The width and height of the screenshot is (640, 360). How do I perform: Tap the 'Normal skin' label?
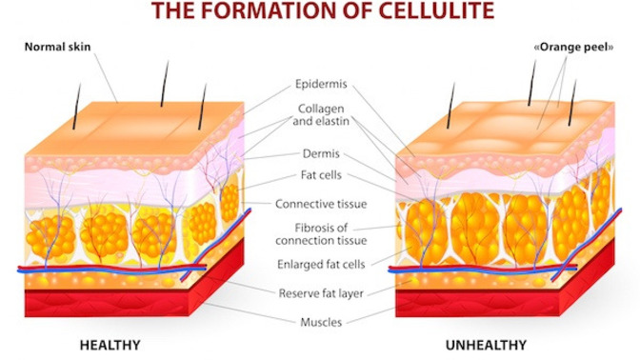pos(57,47)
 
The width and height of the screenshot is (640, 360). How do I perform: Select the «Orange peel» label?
pos(574,48)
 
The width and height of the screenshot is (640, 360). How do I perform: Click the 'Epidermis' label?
pos(321,84)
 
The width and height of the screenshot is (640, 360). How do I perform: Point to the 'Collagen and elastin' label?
pos(321,114)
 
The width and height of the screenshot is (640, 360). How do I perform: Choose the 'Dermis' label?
pos(321,153)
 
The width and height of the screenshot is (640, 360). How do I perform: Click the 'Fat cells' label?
pos(321,175)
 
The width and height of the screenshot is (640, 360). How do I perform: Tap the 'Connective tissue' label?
pos(321,204)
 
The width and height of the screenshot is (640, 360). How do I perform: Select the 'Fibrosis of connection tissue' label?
pos(321,234)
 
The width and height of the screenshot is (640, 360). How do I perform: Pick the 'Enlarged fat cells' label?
pos(321,265)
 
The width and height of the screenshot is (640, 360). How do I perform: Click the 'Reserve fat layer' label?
pos(321,293)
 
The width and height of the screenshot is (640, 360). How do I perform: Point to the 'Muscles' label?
pos(321,322)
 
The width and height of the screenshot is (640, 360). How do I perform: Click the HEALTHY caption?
pos(110,346)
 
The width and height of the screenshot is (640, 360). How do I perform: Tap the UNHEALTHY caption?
pos(486,346)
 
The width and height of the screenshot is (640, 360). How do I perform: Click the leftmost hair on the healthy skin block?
pos(76,107)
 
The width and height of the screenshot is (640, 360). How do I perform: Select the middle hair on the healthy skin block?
pos(165,84)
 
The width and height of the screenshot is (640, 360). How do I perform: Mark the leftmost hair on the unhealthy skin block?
pos(450,106)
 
